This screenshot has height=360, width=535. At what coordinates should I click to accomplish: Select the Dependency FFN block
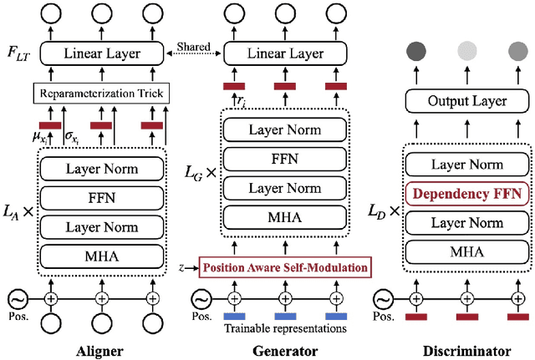click(469, 195)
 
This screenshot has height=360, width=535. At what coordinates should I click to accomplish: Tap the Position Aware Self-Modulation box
click(285, 268)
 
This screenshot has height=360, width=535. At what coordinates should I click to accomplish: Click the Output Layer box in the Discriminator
click(468, 101)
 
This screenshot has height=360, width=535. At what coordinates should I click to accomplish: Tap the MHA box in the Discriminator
click(469, 250)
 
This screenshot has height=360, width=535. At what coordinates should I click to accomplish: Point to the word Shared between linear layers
click(193, 48)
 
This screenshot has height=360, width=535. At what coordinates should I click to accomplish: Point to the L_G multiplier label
click(201, 173)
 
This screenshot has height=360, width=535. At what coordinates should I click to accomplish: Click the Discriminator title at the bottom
click(468, 349)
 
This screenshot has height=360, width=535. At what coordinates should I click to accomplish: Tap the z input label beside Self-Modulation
click(181, 268)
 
